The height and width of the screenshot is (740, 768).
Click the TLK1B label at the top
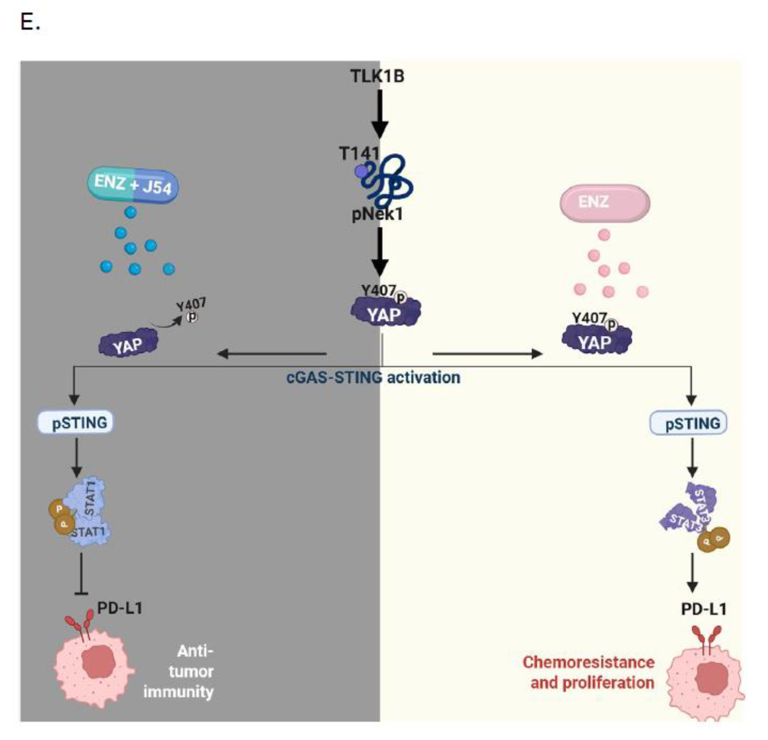tap(377, 76)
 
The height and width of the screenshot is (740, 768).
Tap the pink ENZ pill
tap(604, 203)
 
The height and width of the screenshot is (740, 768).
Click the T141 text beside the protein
tap(359, 154)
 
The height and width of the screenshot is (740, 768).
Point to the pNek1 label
tap(377, 214)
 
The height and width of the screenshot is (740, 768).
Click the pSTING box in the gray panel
tap(75, 423)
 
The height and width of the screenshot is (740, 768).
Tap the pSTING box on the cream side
tap(689, 423)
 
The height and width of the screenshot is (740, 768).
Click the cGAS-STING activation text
tap(373, 378)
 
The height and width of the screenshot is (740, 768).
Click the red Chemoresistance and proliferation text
tap(589, 672)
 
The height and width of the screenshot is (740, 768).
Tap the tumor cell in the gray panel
tap(94, 668)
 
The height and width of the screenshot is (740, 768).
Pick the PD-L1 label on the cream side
tap(704, 609)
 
